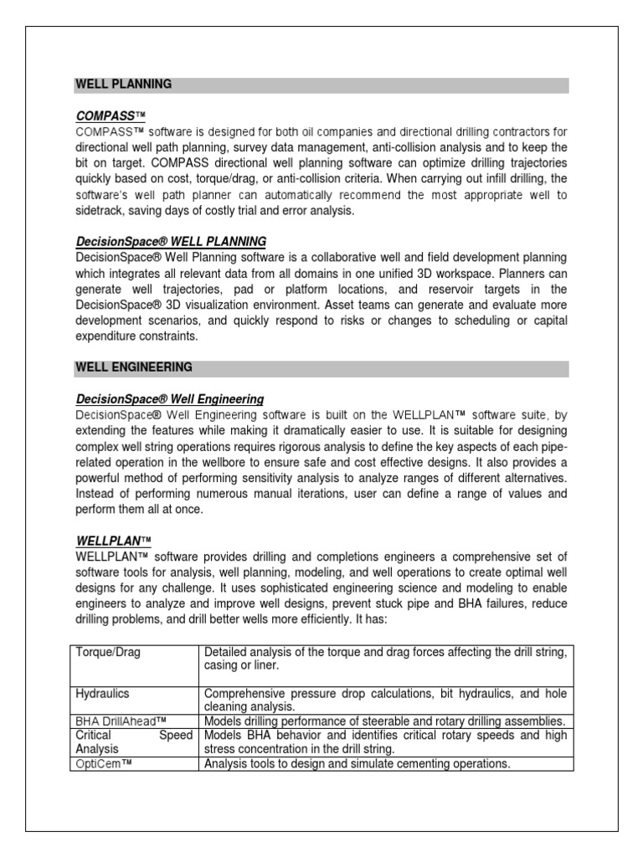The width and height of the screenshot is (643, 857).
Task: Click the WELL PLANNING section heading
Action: click(x=124, y=85)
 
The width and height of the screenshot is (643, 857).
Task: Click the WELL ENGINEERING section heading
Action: click(x=134, y=367)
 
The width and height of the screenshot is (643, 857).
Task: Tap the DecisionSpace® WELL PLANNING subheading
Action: click(x=171, y=242)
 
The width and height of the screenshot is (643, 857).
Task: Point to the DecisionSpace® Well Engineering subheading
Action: click(x=170, y=399)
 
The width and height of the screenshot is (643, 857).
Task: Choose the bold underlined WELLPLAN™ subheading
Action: click(x=113, y=541)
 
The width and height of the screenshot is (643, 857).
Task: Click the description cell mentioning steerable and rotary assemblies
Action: click(x=385, y=721)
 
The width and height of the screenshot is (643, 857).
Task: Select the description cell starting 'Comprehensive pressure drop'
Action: click(x=385, y=700)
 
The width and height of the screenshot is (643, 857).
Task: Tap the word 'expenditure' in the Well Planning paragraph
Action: click(x=109, y=336)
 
